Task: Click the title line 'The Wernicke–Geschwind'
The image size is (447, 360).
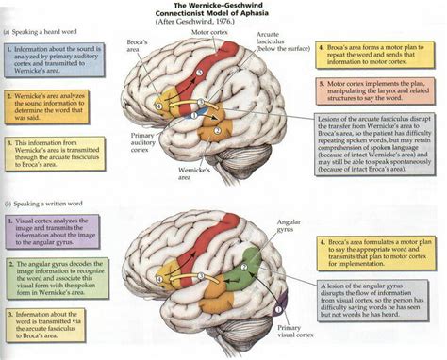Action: coord(223,7)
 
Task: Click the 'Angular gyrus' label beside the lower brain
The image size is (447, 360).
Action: coord(288,226)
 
